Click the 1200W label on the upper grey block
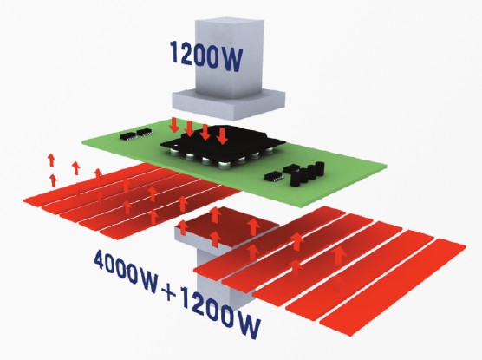click(206, 56)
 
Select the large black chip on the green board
click(222, 145)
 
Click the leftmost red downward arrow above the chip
click(175, 126)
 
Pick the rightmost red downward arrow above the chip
click(222, 136)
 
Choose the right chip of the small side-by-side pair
click(144, 133)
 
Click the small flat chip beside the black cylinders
click(274, 176)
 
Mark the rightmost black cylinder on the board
click(320, 168)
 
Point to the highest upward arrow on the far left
click(51, 160)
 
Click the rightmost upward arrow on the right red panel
click(338, 255)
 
